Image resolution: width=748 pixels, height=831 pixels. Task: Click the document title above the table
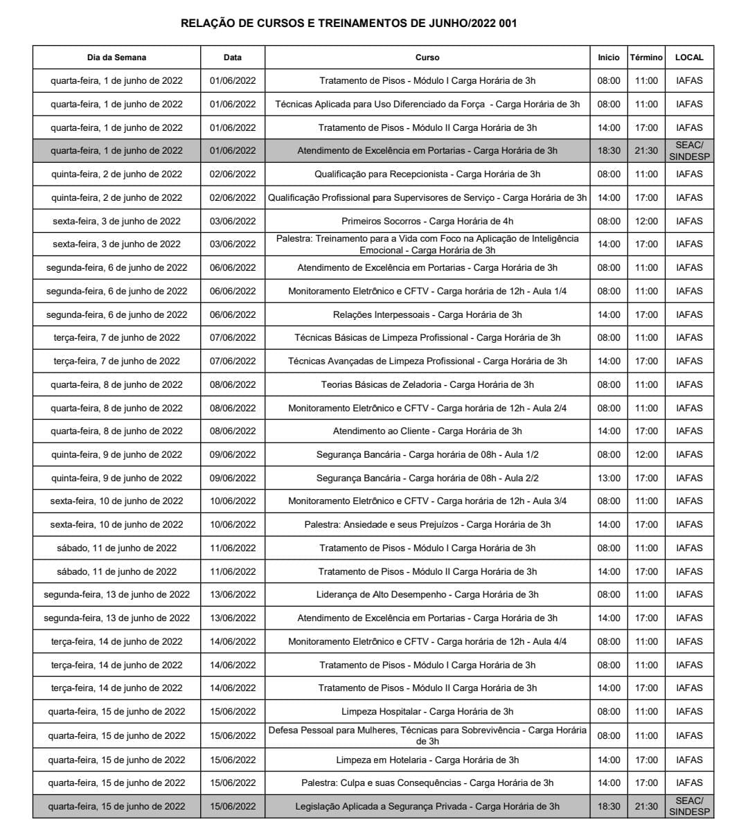pyautogui.click(x=348, y=24)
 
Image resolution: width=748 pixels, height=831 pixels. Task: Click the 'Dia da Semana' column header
pyautogui.click(x=116, y=57)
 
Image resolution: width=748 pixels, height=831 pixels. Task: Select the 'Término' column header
pyautogui.click(x=645, y=57)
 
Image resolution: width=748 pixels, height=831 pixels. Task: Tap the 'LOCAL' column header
pyautogui.click(x=688, y=57)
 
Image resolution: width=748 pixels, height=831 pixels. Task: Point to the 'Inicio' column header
pyautogui.click(x=608, y=57)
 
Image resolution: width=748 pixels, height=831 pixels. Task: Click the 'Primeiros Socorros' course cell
pyautogui.click(x=427, y=222)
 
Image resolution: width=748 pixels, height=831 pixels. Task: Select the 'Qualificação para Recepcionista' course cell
pyautogui.click(x=427, y=175)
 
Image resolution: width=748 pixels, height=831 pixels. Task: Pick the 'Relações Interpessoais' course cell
pyautogui.click(x=427, y=315)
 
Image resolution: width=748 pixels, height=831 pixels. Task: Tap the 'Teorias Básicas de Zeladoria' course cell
pyautogui.click(x=427, y=385)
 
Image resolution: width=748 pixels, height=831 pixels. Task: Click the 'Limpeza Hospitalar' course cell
pyautogui.click(x=427, y=712)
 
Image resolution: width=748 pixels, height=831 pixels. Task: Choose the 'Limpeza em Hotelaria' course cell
pyautogui.click(x=427, y=760)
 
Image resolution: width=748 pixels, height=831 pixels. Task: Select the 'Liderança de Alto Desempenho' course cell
pyautogui.click(x=427, y=595)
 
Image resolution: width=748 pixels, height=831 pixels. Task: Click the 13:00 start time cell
pyautogui.click(x=608, y=479)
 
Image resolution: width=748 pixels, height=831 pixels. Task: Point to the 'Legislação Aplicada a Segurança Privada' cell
pyautogui.click(x=427, y=807)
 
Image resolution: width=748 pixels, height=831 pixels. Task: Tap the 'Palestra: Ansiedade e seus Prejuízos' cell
pyautogui.click(x=427, y=525)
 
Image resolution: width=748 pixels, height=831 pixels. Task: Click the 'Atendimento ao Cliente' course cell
pyautogui.click(x=427, y=431)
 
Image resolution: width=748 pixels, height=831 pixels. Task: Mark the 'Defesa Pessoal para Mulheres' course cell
pyautogui.click(x=427, y=735)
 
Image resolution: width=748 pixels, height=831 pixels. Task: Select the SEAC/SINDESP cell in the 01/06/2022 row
pyautogui.click(x=688, y=151)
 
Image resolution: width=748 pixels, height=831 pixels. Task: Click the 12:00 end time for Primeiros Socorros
pyautogui.click(x=645, y=222)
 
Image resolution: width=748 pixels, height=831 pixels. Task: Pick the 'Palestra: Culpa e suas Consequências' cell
pyautogui.click(x=427, y=783)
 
